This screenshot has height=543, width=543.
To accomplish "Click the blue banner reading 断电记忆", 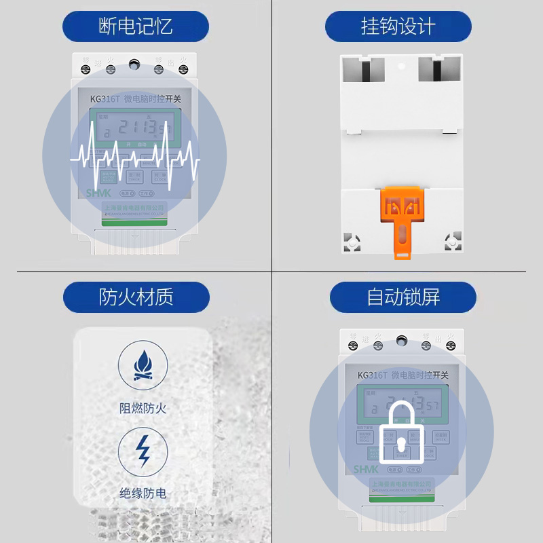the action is (x=135, y=27).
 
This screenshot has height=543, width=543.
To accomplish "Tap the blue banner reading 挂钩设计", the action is (x=398, y=27).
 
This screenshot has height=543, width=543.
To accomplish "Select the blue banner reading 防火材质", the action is (x=136, y=297).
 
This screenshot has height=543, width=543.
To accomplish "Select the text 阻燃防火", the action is (x=143, y=408).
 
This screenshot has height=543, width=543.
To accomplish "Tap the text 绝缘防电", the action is (x=143, y=493).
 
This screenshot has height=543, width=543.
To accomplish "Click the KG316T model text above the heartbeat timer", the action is (x=105, y=98).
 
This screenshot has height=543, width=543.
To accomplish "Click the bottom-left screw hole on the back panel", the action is (x=352, y=242).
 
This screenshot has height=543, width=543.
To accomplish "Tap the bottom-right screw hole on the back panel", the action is (x=452, y=242).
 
